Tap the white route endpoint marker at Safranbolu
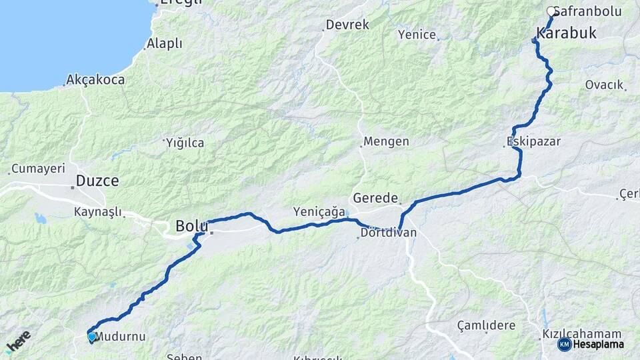click(551, 11)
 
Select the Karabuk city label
click(566, 33)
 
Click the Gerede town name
click(375, 198)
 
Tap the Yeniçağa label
click(319, 211)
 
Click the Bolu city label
click(192, 226)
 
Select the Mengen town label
click(386, 142)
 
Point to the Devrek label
click(347, 25)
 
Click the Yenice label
click(417, 35)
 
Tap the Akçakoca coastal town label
click(95, 80)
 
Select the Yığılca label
click(185, 143)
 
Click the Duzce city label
click(97, 180)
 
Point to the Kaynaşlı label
click(98, 212)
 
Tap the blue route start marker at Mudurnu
click(91, 337)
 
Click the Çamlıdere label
click(486, 325)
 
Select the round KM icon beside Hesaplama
click(564, 344)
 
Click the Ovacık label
click(604, 85)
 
